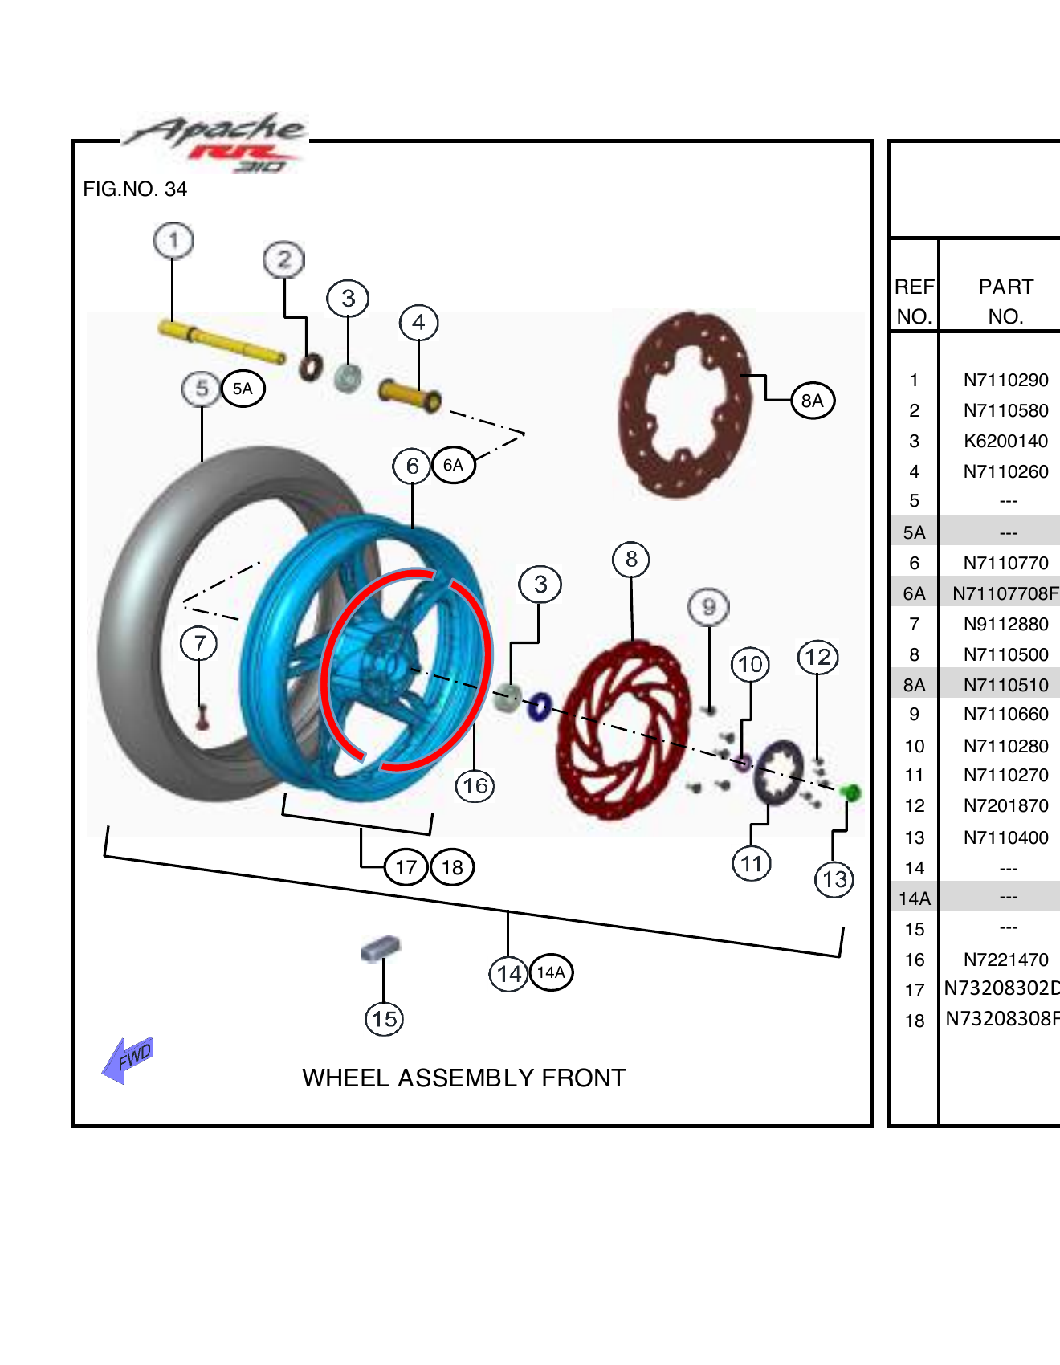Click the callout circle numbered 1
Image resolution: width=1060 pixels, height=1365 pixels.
coord(173,241)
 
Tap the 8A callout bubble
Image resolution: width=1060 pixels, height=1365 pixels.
coord(813,401)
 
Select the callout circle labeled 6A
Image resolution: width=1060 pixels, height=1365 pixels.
coord(454,465)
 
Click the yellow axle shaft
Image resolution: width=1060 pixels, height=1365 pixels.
coord(221,342)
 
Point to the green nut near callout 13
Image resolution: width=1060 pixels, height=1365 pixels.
coord(850,793)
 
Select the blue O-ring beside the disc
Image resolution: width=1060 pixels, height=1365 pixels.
coord(539,707)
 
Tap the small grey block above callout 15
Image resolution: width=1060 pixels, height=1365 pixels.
coord(381,948)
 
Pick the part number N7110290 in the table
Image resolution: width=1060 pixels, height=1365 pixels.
coord(1005,381)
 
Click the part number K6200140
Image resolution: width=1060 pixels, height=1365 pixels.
coord(1005,442)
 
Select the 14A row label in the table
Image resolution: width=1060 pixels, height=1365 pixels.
coord(915,898)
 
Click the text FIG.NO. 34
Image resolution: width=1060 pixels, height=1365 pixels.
coord(135,189)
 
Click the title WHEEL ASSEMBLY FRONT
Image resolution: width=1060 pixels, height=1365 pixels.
coord(463,1078)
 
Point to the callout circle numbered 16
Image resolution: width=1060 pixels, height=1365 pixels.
coord(475,785)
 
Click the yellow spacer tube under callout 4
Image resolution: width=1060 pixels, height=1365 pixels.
coord(409,394)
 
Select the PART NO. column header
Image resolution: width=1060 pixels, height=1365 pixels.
coord(1005,301)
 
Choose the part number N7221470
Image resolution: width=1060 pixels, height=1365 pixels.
coord(1005,960)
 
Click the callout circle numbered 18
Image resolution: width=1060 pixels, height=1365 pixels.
coord(452,867)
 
